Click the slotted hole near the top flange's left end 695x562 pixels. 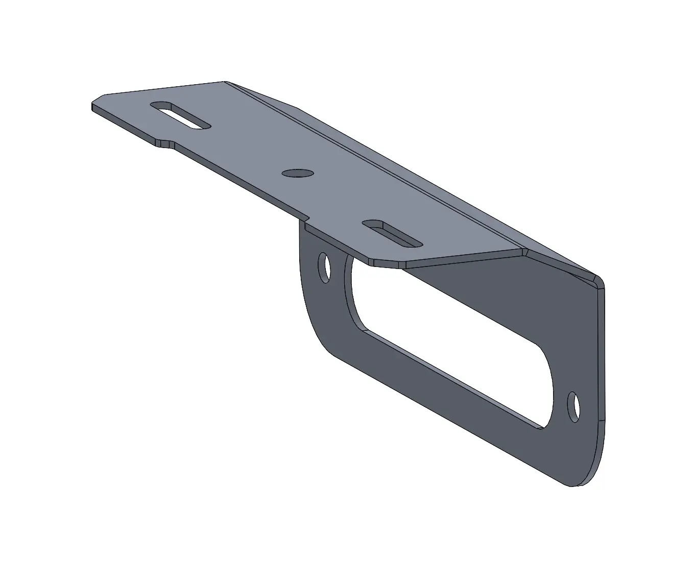180,115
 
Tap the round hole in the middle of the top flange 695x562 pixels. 297,173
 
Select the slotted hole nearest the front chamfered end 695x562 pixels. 392,234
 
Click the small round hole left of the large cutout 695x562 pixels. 324,267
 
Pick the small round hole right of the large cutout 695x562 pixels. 574,407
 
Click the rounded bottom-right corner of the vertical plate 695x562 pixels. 587,477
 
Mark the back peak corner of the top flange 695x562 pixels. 225,82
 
